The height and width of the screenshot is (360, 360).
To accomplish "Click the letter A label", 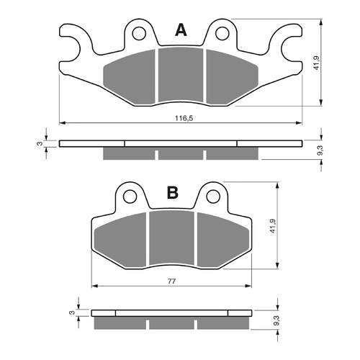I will (x=180, y=30).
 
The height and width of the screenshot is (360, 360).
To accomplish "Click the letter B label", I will (x=172, y=193).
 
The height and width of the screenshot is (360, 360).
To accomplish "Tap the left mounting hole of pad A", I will (x=140, y=31).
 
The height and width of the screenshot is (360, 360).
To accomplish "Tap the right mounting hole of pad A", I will (x=222, y=31).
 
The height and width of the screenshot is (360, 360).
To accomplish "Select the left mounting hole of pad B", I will (x=130, y=195).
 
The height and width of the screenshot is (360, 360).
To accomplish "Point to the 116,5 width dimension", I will (x=181, y=117).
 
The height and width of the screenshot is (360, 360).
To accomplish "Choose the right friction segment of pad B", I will (x=219, y=239).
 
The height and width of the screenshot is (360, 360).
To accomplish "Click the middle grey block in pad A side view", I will (x=181, y=154).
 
